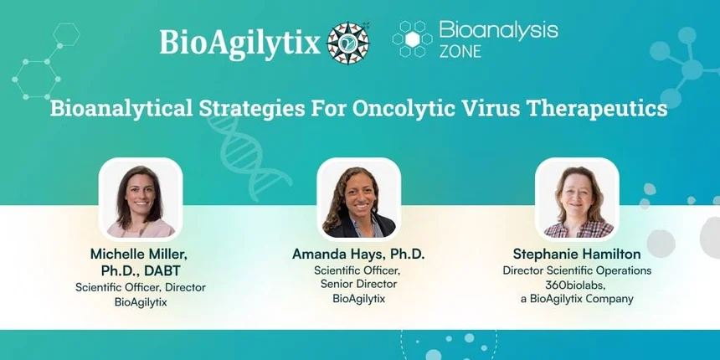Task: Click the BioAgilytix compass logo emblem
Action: point(348,44)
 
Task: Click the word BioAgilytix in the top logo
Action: point(239,44)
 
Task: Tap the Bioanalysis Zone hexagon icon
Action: point(412,39)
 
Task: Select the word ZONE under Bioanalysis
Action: point(460,51)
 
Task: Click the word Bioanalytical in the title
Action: point(121,110)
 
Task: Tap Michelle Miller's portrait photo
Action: point(141,199)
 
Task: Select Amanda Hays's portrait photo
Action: point(358,199)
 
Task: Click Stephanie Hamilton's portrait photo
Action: point(577,199)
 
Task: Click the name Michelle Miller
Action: point(139,254)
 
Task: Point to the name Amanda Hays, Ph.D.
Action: point(358,254)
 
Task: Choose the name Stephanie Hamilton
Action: point(577,254)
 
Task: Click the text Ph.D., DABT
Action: point(141,270)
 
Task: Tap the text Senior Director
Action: point(358,285)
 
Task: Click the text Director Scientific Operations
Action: point(577,270)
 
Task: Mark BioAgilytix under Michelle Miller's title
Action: point(141,302)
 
